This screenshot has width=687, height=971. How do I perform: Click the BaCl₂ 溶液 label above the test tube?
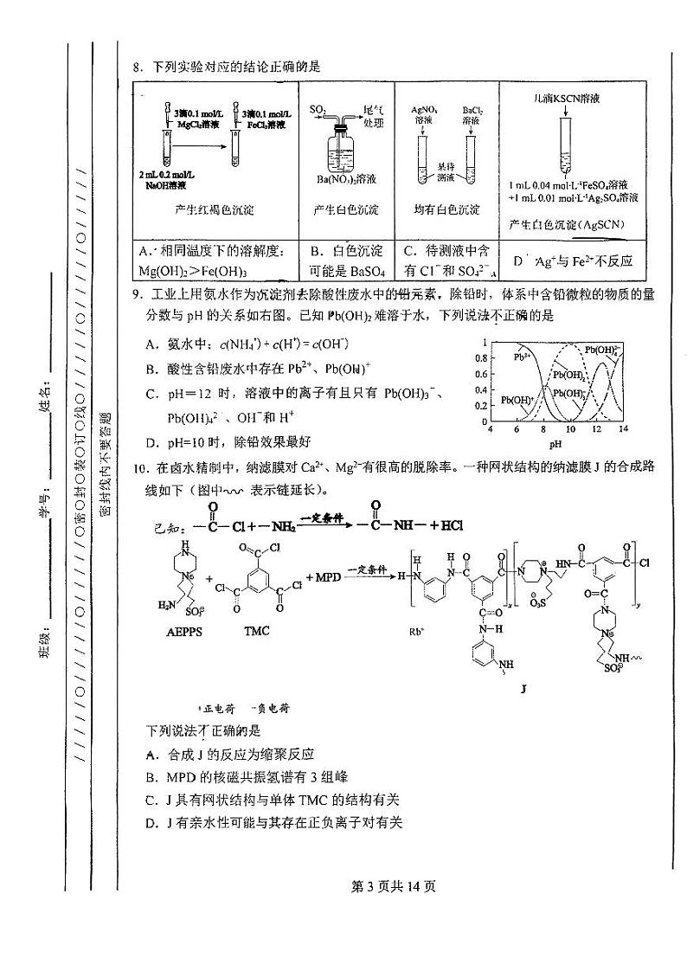pos(472,115)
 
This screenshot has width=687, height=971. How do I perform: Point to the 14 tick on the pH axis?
pos(623,429)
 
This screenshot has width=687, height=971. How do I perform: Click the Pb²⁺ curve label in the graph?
pos(522,355)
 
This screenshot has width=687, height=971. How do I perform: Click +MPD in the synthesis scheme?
pos(324,576)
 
